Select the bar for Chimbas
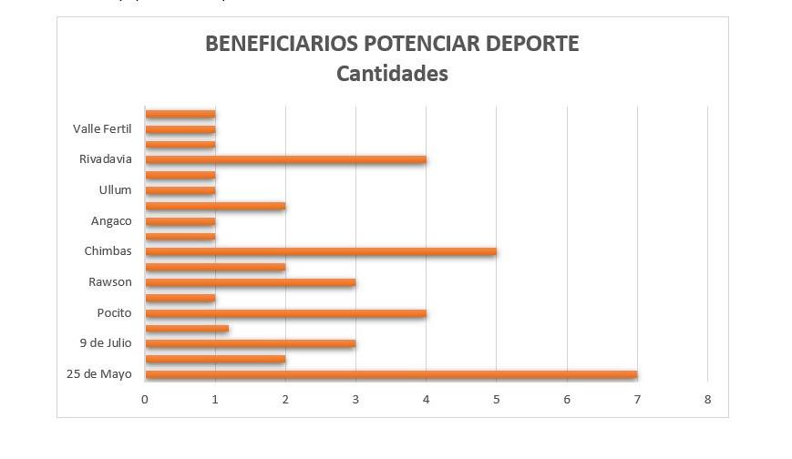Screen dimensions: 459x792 coord(320,251)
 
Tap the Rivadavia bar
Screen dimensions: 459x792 coord(285,159)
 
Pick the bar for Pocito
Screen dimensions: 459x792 coord(285,313)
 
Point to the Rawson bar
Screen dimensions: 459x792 coord(250,282)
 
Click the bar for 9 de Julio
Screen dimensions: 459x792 coord(250,344)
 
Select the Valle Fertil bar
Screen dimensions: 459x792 coord(180,129)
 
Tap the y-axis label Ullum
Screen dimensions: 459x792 coord(115,190)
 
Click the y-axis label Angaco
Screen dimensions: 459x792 coord(111,221)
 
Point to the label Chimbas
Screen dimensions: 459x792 coord(108,251)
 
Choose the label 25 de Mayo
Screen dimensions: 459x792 coord(99,374)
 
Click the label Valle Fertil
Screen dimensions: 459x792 coord(102,129)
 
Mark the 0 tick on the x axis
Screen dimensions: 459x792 coord(145,399)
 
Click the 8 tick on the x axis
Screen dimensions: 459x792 coord(707,399)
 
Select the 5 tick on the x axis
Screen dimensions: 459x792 coord(496,399)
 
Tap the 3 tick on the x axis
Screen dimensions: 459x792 coord(355,399)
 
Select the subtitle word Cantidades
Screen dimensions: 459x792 coord(392,74)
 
